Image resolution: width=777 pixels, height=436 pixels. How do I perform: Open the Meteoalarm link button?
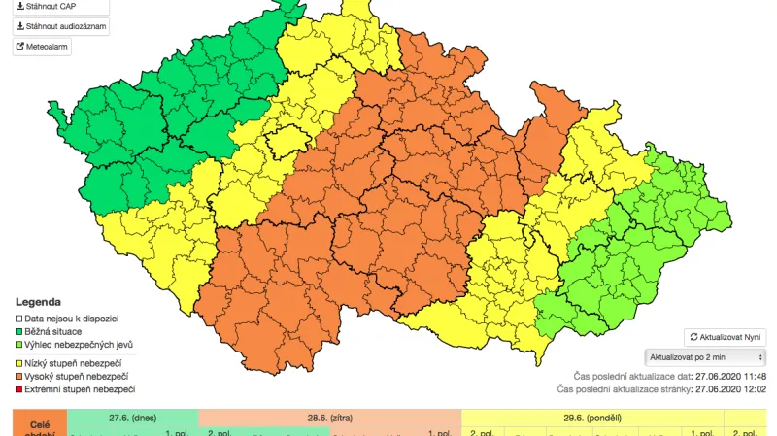(x=42, y=46)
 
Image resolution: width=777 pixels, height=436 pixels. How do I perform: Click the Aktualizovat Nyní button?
(x=726, y=336)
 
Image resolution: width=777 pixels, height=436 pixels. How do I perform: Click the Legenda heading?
(x=38, y=302)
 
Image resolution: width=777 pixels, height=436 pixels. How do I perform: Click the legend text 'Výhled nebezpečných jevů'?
(x=79, y=345)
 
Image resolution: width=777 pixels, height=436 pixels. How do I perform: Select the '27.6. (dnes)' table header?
(x=132, y=417)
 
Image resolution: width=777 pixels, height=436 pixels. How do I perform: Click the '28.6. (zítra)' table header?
(x=329, y=417)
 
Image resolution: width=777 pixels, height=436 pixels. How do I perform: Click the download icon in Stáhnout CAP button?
(x=20, y=6)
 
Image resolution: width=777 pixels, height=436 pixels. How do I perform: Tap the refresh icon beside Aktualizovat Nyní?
(x=693, y=336)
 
